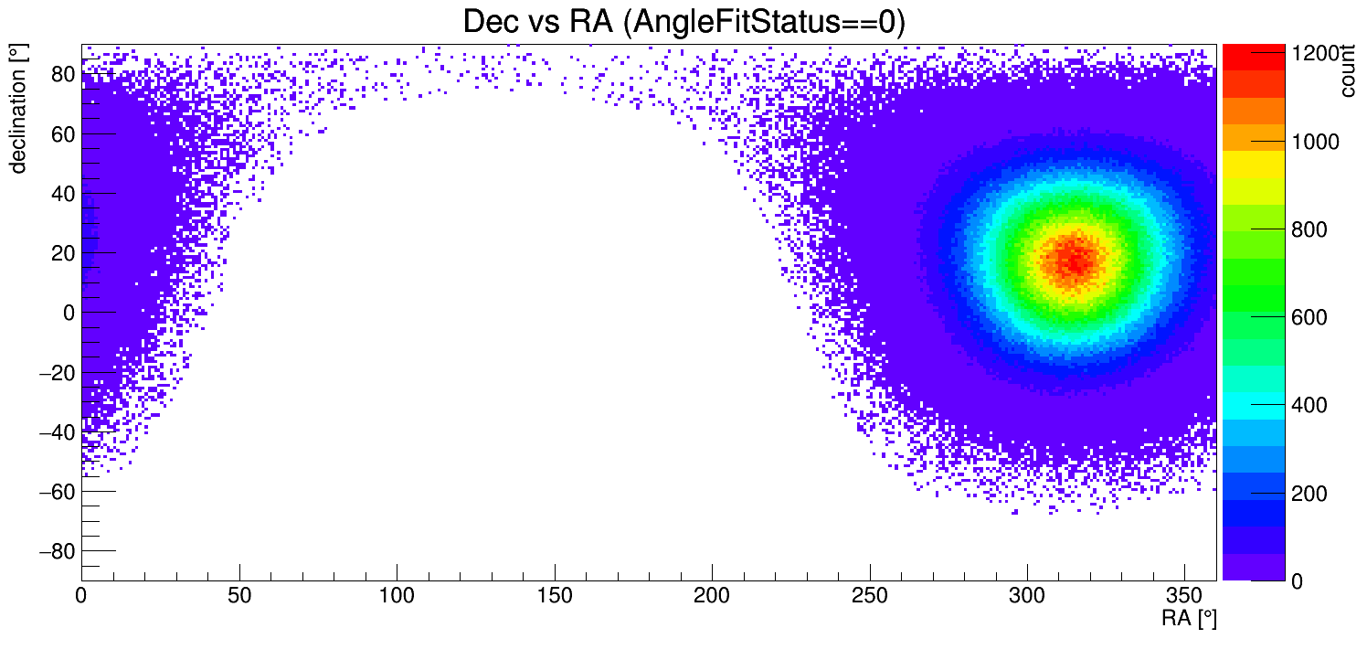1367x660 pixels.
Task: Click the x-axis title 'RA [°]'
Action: [x=1189, y=619]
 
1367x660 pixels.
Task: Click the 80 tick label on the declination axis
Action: [x=62, y=75]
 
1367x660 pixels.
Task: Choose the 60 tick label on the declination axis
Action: [x=62, y=134]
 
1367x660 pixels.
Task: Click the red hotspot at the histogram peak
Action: [x=1076, y=261]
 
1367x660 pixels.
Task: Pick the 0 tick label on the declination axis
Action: [x=68, y=313]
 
